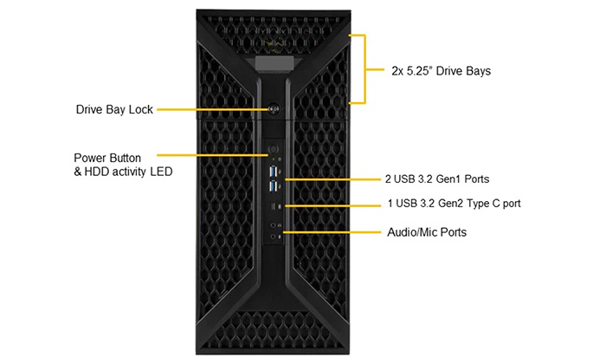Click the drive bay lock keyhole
tap(273, 110)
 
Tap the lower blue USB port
tap(274, 186)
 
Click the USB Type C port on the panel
tap(274, 206)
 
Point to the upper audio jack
tap(274, 223)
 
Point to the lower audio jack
tap(274, 234)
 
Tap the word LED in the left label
tap(161, 172)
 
